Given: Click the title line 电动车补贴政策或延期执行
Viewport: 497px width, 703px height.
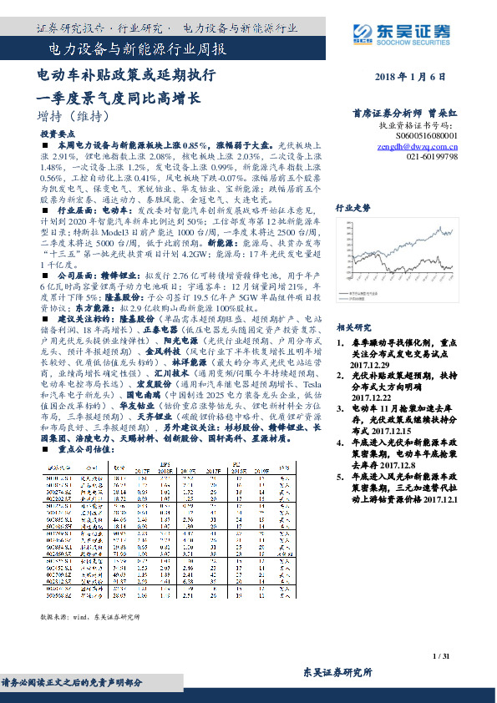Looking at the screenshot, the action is [126, 75].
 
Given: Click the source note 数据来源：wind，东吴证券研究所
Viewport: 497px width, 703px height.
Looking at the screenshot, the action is [90, 616].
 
